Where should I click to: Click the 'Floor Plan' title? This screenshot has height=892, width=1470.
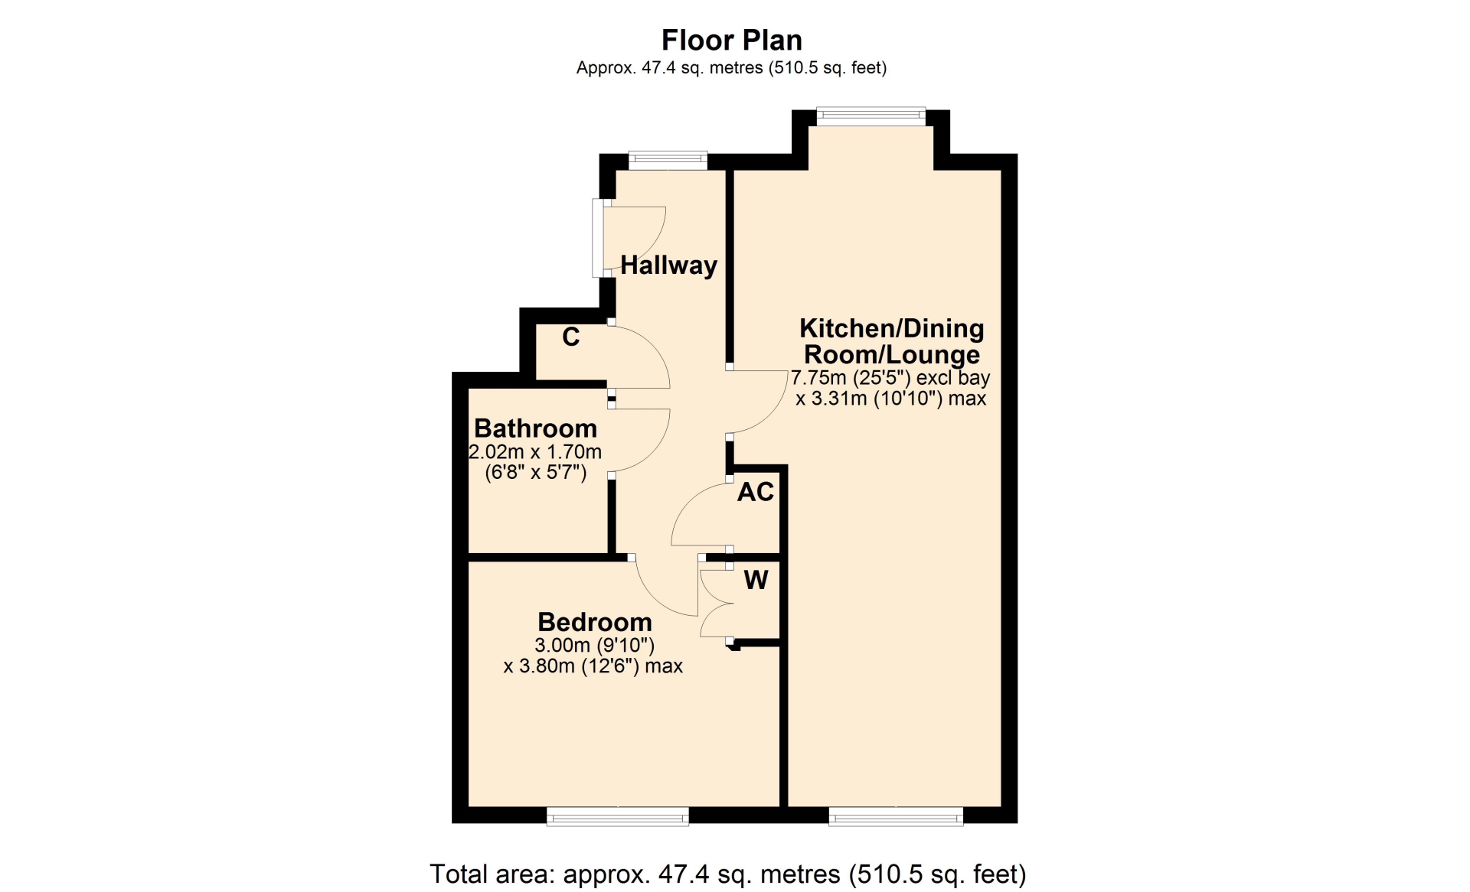731,40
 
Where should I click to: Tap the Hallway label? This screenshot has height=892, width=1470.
668,265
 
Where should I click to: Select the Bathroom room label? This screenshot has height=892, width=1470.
535,428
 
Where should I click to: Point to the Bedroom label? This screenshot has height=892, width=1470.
595,622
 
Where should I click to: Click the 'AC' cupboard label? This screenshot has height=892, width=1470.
756,492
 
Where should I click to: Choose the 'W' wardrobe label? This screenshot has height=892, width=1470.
756,580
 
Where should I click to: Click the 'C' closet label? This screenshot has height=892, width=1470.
571,337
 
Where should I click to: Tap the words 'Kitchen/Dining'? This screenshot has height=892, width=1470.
892,328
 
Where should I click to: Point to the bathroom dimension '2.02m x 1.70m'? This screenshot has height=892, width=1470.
535,452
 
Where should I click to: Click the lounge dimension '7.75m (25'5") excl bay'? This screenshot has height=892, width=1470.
890,378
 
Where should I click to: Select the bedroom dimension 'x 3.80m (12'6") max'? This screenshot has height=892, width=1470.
593,666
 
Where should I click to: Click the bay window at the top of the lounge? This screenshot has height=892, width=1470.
871,117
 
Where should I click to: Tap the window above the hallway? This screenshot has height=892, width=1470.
668,161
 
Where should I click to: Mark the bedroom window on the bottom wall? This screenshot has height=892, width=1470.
618,816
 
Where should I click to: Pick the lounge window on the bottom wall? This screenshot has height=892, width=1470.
896,816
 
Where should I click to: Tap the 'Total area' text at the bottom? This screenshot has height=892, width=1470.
728,874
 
